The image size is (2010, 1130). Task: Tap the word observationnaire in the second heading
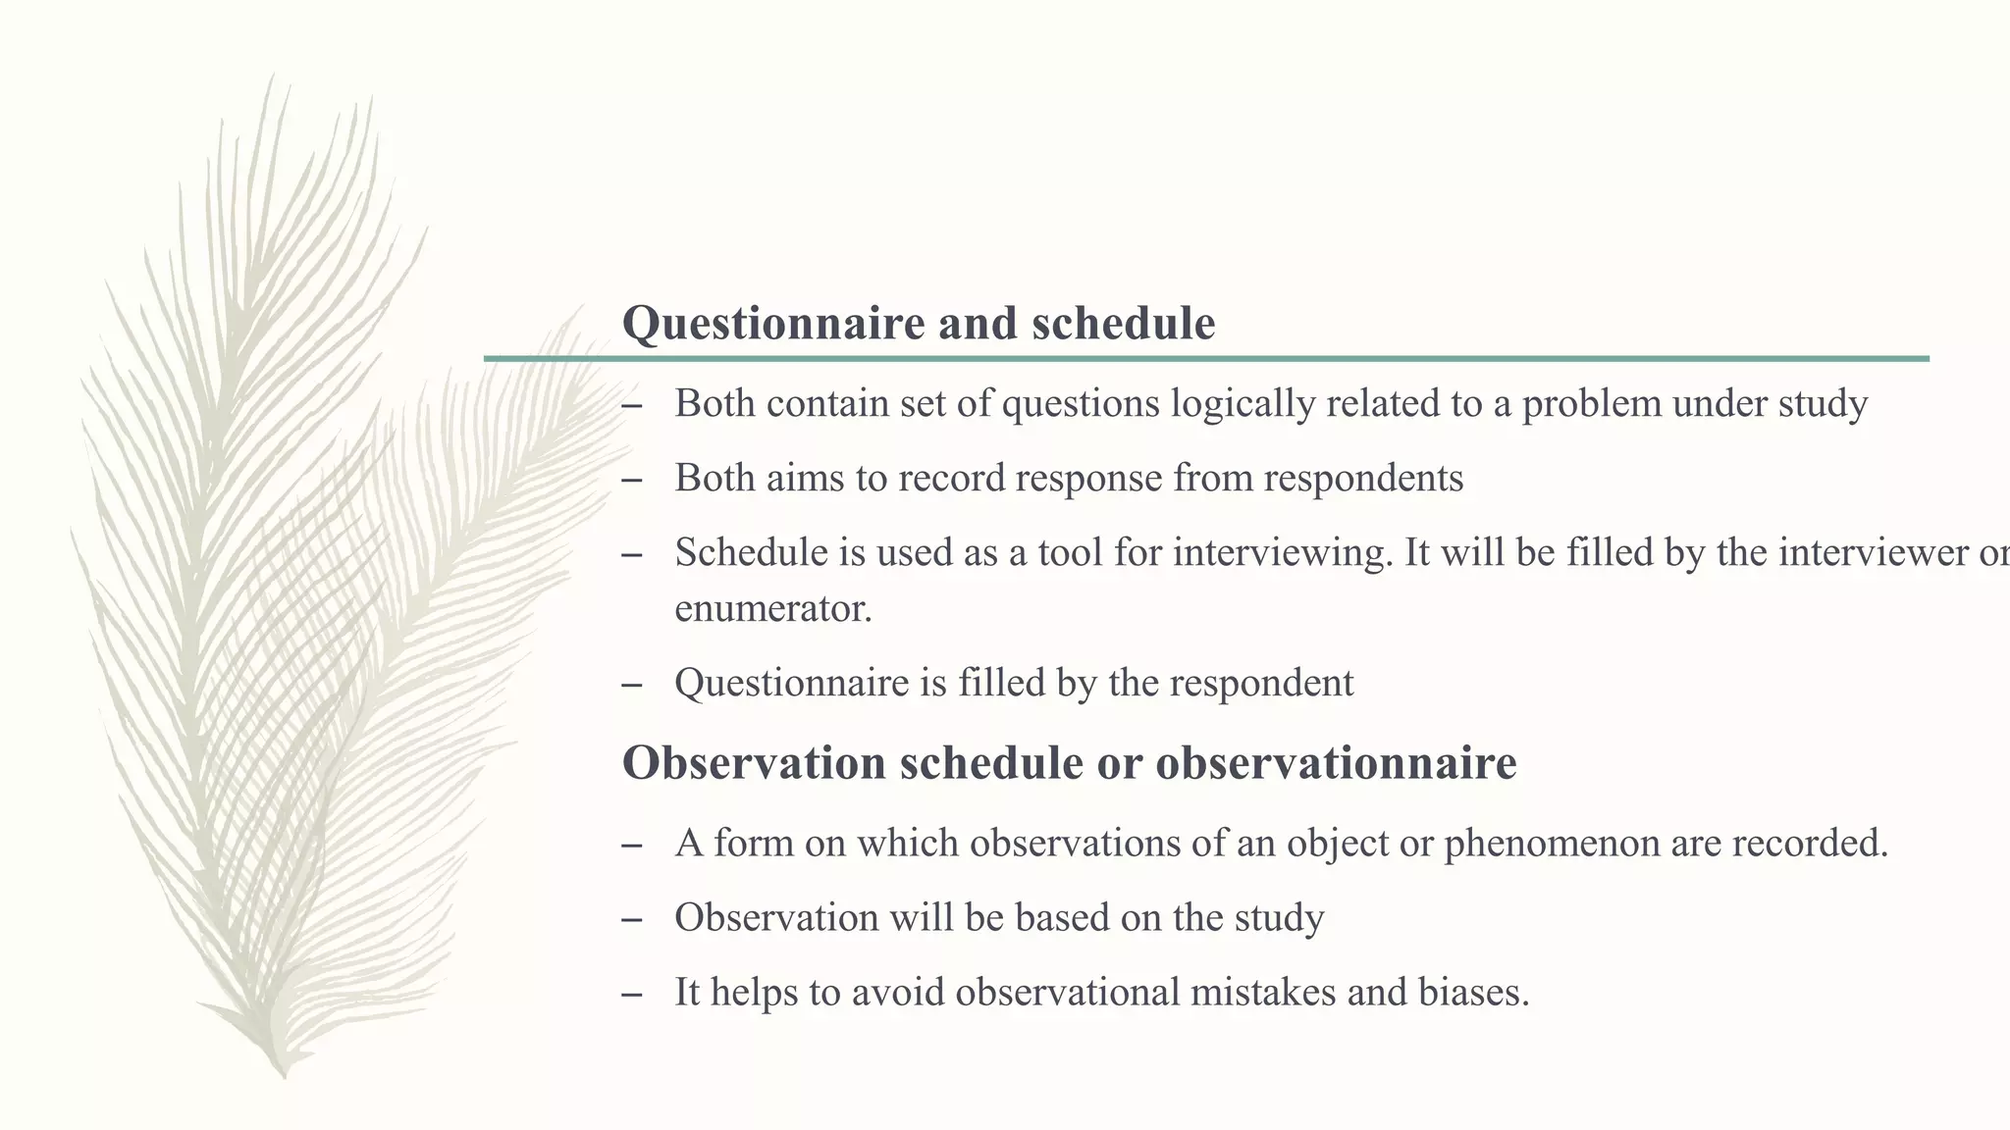[1336, 763]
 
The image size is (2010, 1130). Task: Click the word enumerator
[772, 609]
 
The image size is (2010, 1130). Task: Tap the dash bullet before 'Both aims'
[632, 480]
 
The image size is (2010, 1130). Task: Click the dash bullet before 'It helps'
[632, 994]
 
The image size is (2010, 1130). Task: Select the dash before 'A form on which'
[632, 845]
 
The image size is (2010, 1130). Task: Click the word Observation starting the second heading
[754, 763]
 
